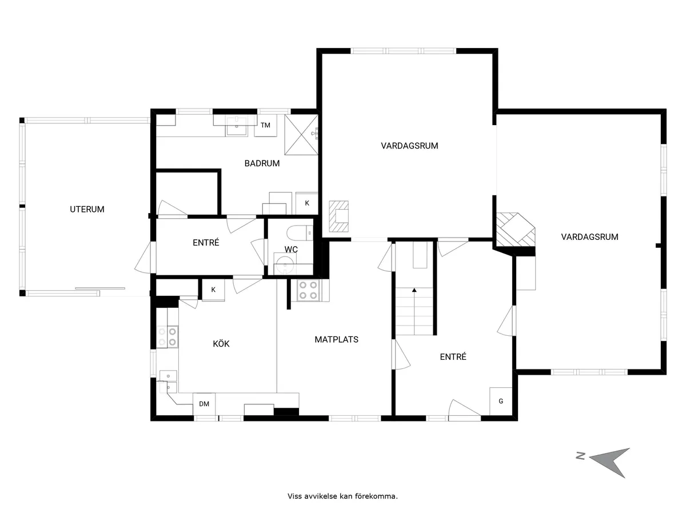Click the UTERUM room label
tap(87, 210)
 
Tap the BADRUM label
tap(262, 163)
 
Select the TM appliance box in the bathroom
tap(265, 125)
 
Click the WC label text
tap(291, 249)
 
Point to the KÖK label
tap(221, 344)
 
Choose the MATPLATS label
tap(336, 339)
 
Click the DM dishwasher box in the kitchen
tap(204, 404)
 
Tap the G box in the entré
tap(501, 401)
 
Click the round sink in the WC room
tap(284, 265)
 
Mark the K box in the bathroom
tap(307, 203)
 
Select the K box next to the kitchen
tap(213, 290)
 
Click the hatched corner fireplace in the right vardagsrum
tap(515, 230)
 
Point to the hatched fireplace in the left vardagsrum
tap(340, 217)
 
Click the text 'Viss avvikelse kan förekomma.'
tap(342, 496)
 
